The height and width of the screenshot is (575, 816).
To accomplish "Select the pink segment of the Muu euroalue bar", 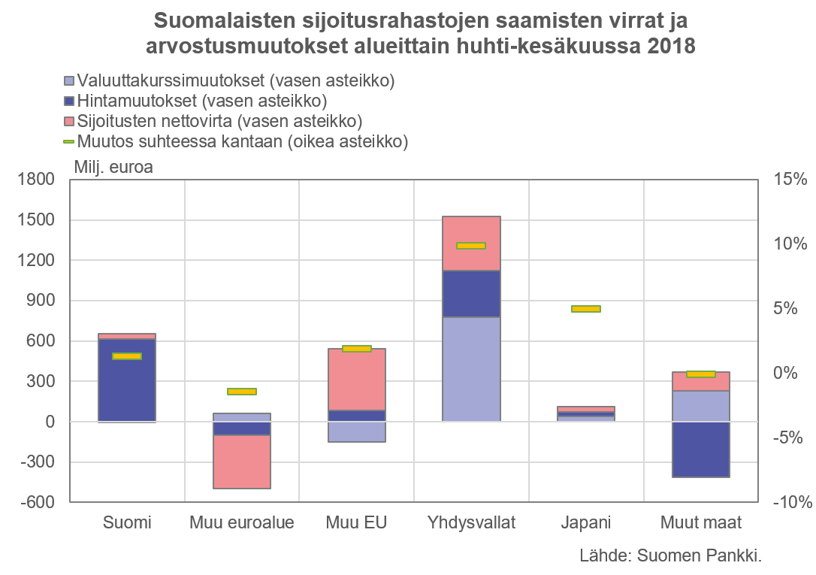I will point(242,462).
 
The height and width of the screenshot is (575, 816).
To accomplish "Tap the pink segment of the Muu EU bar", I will point(357,380).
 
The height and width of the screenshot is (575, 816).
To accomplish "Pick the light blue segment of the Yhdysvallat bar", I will point(471,369).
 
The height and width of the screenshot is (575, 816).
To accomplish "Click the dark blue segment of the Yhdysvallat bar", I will point(471,294).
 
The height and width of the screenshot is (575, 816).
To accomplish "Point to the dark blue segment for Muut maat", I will point(701,449).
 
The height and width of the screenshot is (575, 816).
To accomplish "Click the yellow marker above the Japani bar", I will point(586,309).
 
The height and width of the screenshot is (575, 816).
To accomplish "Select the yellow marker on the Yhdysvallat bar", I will point(471,246).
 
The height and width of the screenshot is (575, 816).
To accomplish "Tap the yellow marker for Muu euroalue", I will point(242,392).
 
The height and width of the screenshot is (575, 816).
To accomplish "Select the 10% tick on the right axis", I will point(789,244).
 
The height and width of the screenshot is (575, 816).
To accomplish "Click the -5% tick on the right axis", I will point(789,437).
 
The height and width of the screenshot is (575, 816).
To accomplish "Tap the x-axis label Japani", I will point(586,522).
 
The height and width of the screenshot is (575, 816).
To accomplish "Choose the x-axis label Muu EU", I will point(357,522).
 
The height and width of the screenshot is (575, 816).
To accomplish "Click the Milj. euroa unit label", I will point(113,167).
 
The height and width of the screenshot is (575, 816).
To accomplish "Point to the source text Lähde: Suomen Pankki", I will point(671,556).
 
